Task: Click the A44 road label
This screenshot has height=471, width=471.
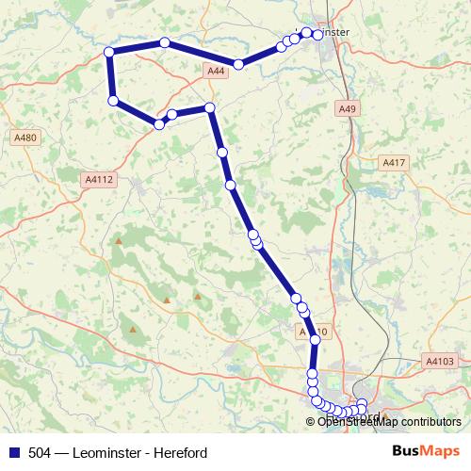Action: click(216, 71)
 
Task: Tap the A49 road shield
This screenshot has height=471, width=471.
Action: click(348, 109)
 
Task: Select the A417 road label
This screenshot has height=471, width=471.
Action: click(393, 163)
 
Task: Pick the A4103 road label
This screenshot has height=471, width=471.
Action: click(439, 360)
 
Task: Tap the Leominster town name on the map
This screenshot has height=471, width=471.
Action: click(328, 32)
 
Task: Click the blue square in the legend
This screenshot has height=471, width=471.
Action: click(13, 452)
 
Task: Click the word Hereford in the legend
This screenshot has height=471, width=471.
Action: click(178, 452)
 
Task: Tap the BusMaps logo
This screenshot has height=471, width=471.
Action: click(426, 451)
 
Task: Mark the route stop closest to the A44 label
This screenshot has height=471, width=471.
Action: click(239, 64)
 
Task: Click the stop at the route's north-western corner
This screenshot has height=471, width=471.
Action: click(109, 52)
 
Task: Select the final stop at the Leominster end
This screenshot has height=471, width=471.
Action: click(318, 35)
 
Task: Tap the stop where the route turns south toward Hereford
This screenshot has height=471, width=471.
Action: click(210, 107)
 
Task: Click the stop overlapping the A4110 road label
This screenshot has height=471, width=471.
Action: click(315, 340)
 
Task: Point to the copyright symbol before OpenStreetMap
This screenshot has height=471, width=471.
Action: click(312, 422)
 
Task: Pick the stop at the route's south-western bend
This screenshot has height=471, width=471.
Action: click(113, 101)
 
